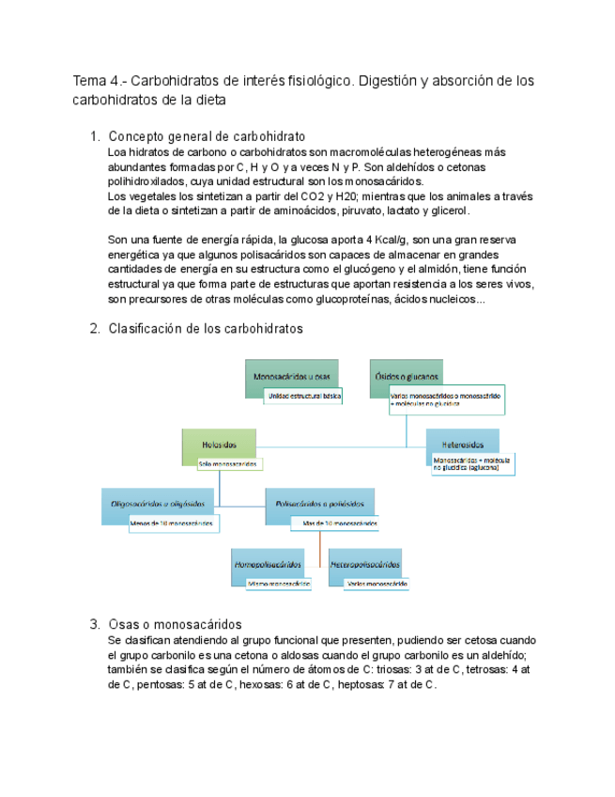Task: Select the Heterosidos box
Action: point(462,442)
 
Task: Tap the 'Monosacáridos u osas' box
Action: point(291,376)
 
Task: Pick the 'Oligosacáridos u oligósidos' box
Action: point(157,505)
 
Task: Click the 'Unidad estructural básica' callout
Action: point(303,397)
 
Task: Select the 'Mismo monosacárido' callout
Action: point(279,584)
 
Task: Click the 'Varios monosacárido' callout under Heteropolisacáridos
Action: point(376,584)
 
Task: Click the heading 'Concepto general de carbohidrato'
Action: point(207,136)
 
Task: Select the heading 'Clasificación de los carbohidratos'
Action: point(206,328)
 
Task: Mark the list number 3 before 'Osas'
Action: point(94,624)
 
